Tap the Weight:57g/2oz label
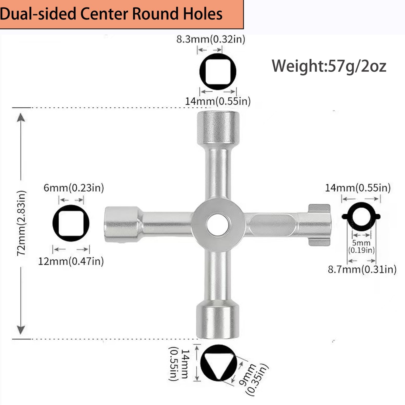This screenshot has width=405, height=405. coord(329,66)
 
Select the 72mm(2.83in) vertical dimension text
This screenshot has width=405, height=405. coord(22,223)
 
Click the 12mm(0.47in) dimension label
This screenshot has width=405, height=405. coord(71,261)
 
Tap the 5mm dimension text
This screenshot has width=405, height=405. coord(361,243)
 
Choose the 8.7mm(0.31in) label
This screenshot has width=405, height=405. coord(362,269)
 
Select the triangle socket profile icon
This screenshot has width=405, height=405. coord(218,363)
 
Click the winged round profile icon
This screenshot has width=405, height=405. coord(361,216)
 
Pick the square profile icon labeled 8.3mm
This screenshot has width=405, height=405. coord(218,71)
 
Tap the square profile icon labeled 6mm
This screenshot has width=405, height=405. coord(71,223)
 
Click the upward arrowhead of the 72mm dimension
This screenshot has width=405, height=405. coord(21,118)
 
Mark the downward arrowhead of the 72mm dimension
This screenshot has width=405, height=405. coord(21,330)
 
